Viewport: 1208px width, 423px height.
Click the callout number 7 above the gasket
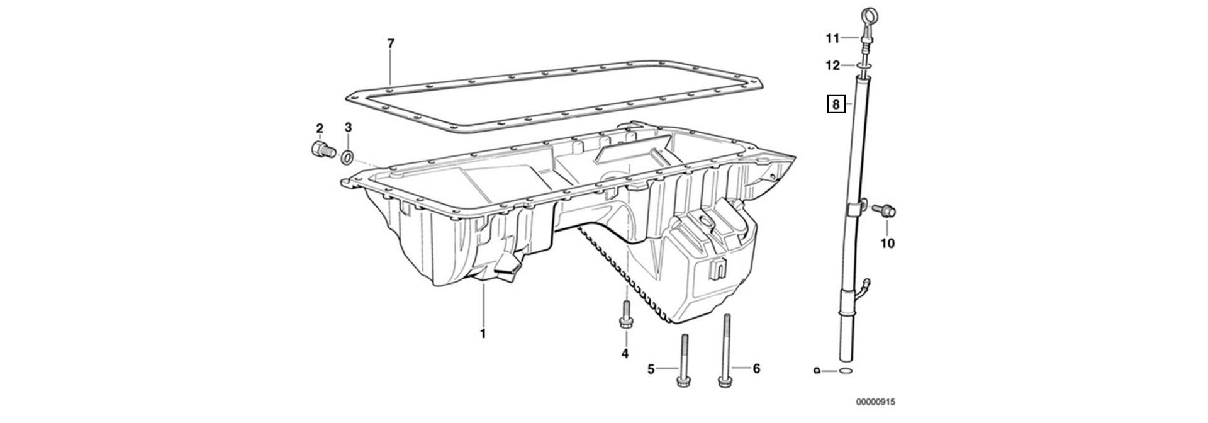(x=391, y=43)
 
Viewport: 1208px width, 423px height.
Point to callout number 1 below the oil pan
(x=483, y=334)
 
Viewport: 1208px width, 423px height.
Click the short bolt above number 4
(x=625, y=314)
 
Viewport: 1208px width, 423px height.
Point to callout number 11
(x=833, y=39)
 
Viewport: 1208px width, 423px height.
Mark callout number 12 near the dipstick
(x=833, y=65)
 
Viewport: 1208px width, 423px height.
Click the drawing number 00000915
(x=875, y=402)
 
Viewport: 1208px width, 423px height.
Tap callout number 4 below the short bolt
(x=625, y=354)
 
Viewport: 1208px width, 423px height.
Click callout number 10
(x=887, y=243)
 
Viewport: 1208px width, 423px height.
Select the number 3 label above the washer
(x=348, y=128)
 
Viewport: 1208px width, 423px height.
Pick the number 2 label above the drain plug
(x=319, y=128)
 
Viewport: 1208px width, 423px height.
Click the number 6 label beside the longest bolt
(x=756, y=368)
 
